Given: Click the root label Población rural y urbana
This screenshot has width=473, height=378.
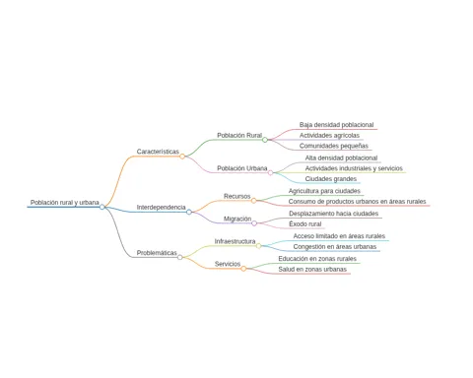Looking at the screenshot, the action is [65, 203].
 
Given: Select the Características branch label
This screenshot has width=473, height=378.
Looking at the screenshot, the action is [158, 152].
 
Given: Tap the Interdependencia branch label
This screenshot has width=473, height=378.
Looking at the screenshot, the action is [162, 208].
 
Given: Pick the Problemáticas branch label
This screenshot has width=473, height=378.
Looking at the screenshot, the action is [157, 253].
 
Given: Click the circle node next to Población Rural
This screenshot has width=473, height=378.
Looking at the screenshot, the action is [265, 140].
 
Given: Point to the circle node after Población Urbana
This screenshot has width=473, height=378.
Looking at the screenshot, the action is [270, 172].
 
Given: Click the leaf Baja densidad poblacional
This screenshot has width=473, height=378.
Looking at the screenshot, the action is [336, 125].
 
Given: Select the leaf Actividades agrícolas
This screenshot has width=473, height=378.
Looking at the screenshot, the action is [329, 135].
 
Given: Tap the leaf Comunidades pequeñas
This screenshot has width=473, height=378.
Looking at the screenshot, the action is [334, 146].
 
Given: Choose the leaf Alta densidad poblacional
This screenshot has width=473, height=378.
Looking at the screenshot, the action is [341, 157].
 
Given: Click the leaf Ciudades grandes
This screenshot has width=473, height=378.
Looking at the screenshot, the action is [331, 179].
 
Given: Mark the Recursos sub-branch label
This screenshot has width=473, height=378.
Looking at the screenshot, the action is [237, 196].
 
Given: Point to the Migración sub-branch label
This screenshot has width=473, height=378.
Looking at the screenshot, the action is [237, 219].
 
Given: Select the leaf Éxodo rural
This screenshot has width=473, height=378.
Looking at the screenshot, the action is [305, 223].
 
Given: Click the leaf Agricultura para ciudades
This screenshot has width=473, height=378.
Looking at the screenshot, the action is [324, 191].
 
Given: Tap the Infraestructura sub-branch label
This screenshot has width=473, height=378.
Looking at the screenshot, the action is [235, 241].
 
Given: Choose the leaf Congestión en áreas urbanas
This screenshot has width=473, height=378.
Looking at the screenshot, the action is [335, 246].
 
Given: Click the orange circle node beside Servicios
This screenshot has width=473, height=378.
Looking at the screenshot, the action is [243, 269].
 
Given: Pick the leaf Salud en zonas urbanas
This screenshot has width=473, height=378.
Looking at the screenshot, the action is [312, 269].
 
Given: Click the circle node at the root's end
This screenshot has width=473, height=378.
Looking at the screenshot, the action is [102, 207].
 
